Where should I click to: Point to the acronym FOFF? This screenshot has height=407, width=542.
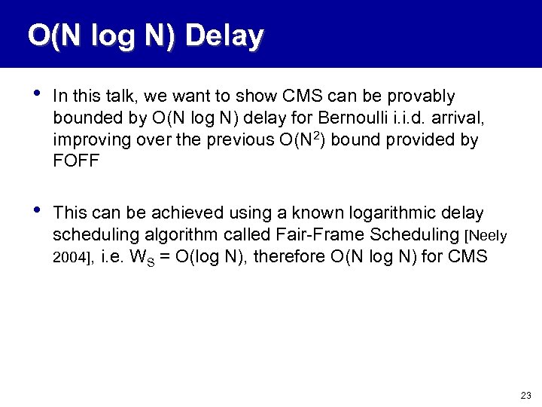coord(76,162)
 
